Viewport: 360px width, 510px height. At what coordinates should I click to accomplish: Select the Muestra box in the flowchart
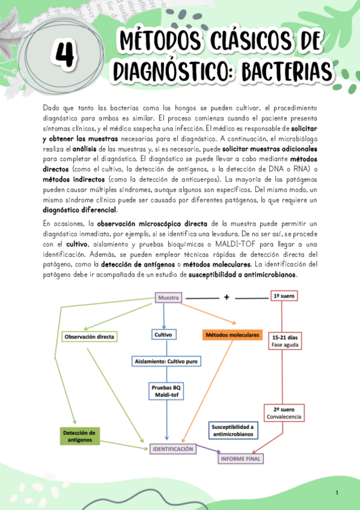tap(168, 297)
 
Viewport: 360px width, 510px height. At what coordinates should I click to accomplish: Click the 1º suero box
tap(282, 296)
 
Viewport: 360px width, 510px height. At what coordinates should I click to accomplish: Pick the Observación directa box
tap(89, 336)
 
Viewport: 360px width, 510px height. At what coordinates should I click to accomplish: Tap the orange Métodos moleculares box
tap(232, 334)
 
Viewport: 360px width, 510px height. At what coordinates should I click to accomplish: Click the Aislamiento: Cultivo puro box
tap(167, 361)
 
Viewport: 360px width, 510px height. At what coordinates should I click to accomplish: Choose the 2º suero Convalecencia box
tap(283, 412)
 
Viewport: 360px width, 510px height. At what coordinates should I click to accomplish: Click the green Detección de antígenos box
tap(80, 436)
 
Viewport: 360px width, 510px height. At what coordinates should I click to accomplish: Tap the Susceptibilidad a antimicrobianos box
tap(233, 430)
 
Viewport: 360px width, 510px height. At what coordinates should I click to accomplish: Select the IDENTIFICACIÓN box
tap(172, 449)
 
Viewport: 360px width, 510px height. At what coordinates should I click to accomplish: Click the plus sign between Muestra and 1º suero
tap(227, 297)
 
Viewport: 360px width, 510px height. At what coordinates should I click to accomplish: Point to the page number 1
tap(337, 493)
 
